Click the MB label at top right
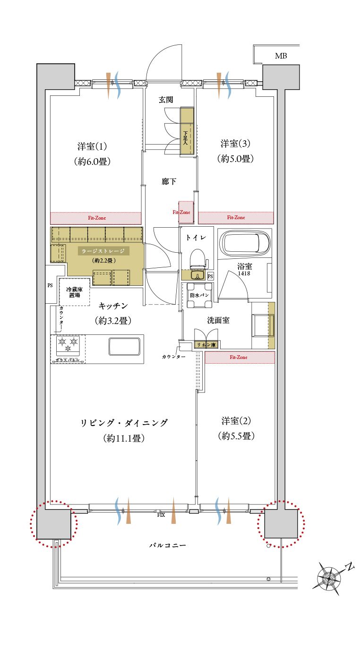point(281,56)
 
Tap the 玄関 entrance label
point(166,100)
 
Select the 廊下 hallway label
point(169,181)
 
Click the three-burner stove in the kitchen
point(68,345)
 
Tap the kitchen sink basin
point(125,346)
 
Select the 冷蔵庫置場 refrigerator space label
point(74,292)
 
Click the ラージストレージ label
point(103,251)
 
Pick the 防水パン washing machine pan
point(199,295)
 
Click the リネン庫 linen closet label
point(206,345)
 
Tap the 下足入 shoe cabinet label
point(186,138)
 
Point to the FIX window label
point(161,515)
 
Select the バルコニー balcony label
point(168,545)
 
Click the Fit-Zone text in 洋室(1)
point(97,218)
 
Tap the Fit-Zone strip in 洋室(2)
point(240,358)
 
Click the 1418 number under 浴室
point(244,273)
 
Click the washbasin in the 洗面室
point(263,325)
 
